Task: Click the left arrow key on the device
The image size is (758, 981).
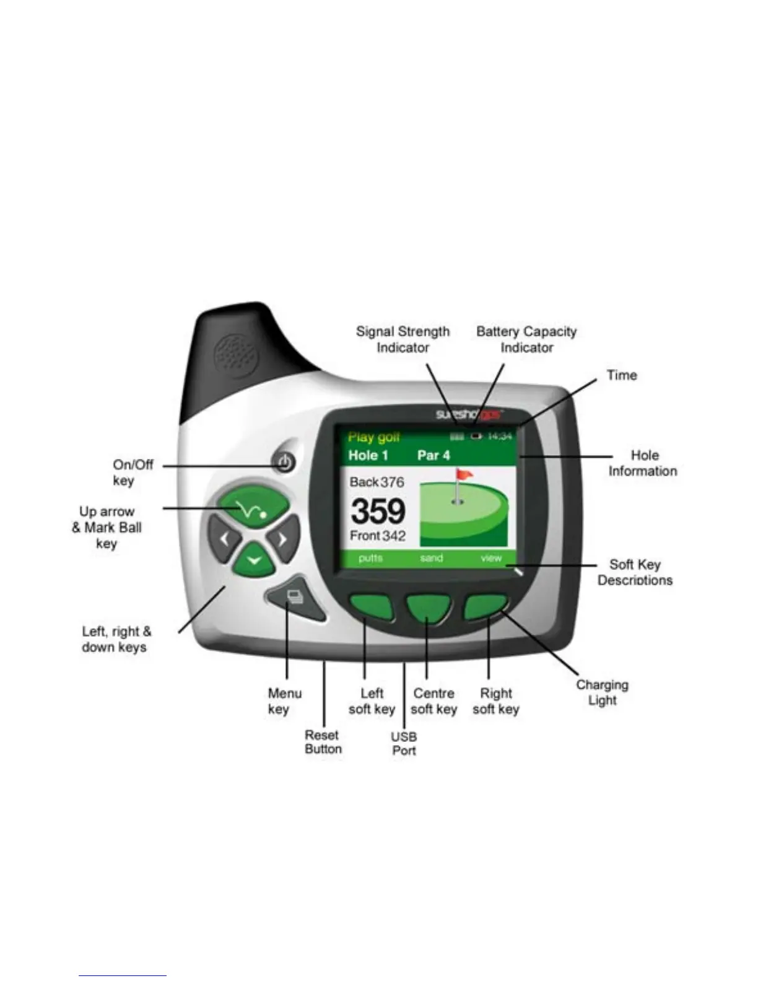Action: [x=224, y=538]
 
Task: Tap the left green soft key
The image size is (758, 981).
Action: [x=370, y=608]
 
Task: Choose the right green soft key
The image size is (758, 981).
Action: [x=486, y=608]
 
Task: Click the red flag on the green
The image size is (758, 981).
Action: [x=464, y=475]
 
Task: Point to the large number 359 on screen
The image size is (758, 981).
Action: [x=378, y=512]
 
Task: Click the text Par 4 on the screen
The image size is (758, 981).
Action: [x=433, y=456]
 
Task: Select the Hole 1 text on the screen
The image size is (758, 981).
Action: [x=368, y=456]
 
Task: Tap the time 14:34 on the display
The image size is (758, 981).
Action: [x=500, y=437]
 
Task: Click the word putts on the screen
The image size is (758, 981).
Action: [x=370, y=558]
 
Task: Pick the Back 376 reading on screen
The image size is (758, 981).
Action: [x=377, y=482]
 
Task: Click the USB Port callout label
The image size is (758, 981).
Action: [x=404, y=743]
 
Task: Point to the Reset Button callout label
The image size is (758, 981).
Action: [x=323, y=742]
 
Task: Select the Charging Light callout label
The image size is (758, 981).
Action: [x=602, y=692]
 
